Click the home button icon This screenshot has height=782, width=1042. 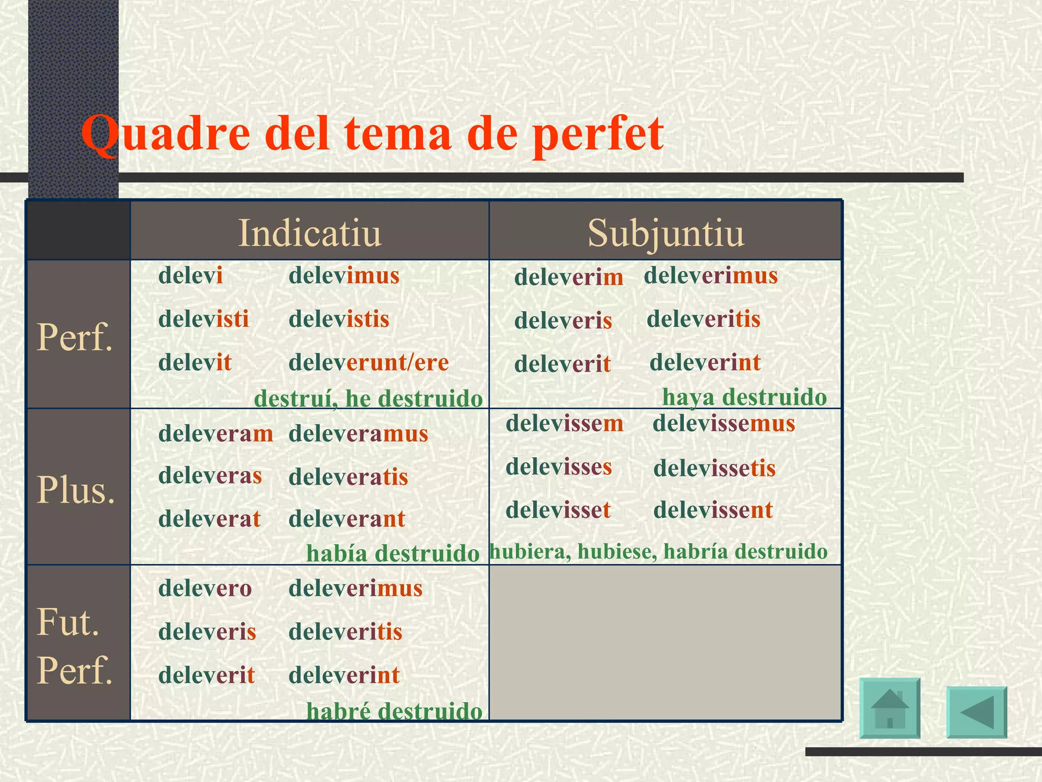(889, 708)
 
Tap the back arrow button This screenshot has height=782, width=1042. (976, 712)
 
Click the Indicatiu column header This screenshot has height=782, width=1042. (309, 233)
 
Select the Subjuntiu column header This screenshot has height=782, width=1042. (665, 233)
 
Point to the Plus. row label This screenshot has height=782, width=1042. (76, 490)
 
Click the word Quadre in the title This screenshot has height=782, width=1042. (165, 133)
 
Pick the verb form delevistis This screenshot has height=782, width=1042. (339, 319)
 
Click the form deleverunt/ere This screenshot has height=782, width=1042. (368, 362)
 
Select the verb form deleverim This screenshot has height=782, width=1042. (568, 277)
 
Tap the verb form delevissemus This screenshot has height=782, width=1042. (723, 424)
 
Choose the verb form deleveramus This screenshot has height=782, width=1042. (358, 434)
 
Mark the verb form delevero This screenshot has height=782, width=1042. (205, 589)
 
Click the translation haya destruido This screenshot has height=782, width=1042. (744, 397)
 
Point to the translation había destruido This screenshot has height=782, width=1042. (393, 553)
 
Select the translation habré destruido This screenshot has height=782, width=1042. (394, 711)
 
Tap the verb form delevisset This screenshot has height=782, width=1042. (558, 510)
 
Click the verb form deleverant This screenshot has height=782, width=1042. (346, 519)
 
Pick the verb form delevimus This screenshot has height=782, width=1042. (344, 275)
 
